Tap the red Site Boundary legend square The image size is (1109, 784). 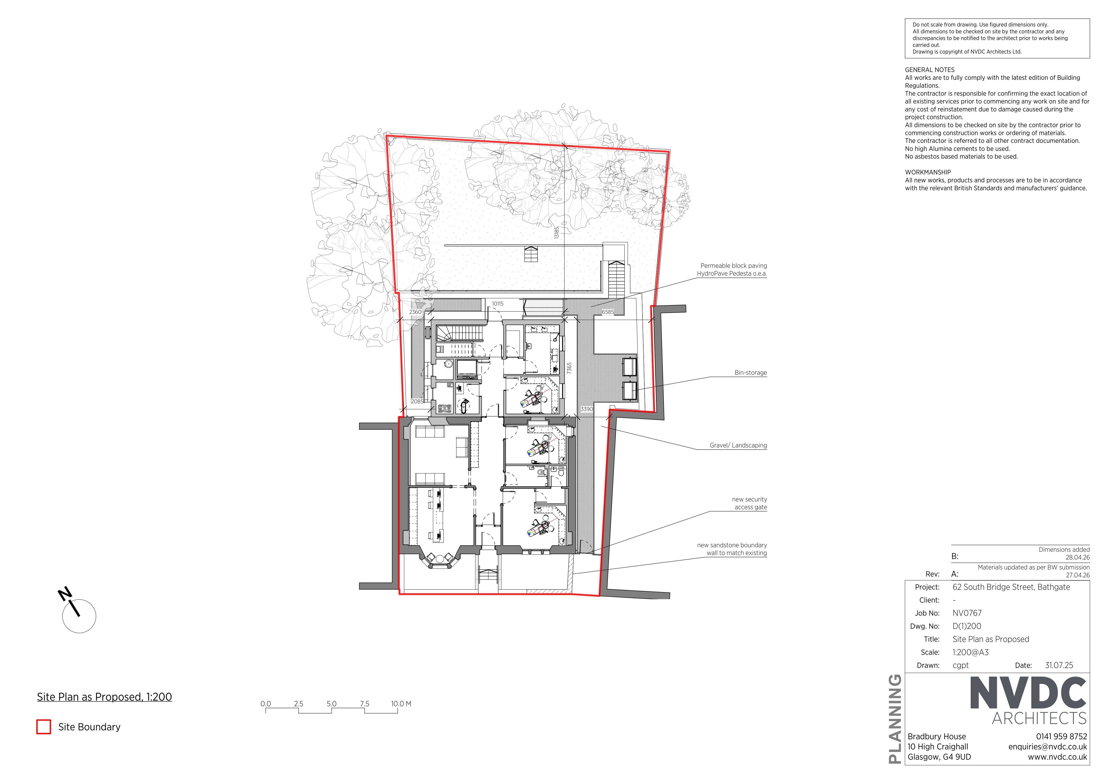coord(44,727)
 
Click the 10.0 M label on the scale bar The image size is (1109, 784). coord(401,704)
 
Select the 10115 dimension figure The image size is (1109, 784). coord(497,304)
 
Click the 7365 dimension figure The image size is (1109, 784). coord(569,368)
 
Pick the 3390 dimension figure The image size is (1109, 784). coord(586,409)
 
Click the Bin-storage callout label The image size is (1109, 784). coord(751,373)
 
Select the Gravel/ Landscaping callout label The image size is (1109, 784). coord(738,445)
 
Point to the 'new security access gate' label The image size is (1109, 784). coord(749,503)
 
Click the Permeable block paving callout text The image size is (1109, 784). coord(732,270)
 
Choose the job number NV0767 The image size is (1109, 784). coord(967,613)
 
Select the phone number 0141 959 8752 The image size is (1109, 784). coord(1061,737)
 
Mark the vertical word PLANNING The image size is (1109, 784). coord(895,719)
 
